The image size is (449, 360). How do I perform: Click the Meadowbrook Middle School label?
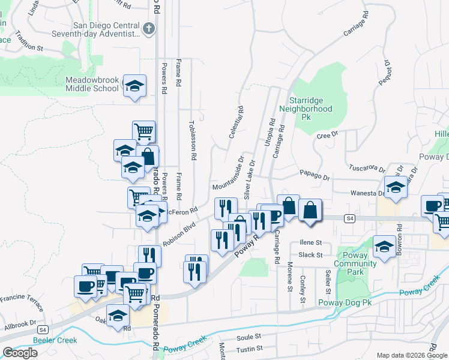(x=92, y=84)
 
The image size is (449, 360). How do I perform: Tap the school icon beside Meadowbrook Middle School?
(x=134, y=86)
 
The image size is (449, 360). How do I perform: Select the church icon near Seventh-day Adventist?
(x=149, y=28)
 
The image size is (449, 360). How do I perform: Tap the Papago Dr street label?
(x=318, y=178)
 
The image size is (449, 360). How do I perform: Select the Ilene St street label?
(x=311, y=243)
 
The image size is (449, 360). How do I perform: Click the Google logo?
(x=20, y=353)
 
